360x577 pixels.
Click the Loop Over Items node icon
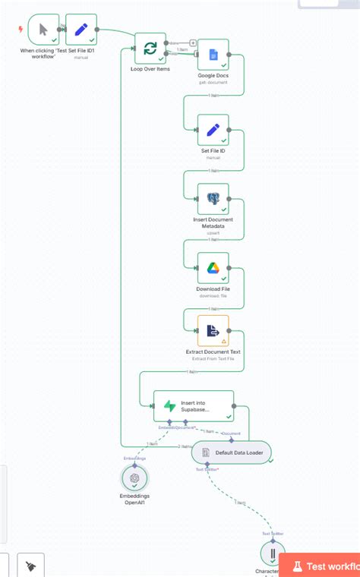pos(150,48)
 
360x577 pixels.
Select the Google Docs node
pos(213,55)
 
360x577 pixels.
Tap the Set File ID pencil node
pos(213,130)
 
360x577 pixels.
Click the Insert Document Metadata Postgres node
pos(213,199)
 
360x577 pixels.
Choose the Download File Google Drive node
pos(213,267)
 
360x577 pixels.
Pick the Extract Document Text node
pos(213,331)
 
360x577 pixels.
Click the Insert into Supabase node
pos(194,406)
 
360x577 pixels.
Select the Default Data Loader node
pos(231,452)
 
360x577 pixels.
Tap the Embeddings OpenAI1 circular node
pos(134,478)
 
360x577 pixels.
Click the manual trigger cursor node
pos(43,30)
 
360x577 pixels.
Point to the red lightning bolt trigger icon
pos(21,30)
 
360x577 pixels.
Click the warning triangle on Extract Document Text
pos(223,342)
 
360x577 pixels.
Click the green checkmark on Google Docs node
pos(223,65)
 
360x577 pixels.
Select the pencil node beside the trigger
pos(81,30)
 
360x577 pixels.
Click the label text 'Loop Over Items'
pos(150,69)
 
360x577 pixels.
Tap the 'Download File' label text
pos(213,289)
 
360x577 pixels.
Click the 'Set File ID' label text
pos(213,151)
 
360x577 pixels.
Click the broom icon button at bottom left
pos(30,566)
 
